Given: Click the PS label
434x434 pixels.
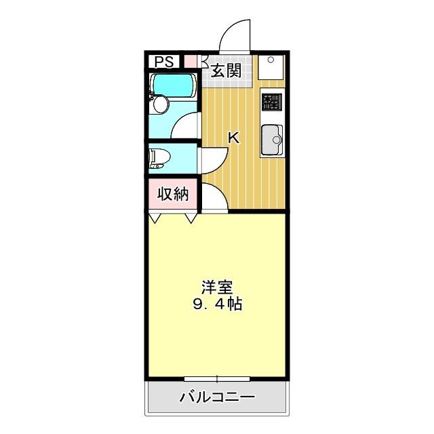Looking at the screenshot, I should pos(163,62).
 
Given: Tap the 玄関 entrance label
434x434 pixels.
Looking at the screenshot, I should pos(225,71).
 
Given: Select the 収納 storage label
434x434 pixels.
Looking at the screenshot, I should pos(173,194).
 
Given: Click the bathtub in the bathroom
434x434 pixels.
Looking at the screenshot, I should pos(174,85).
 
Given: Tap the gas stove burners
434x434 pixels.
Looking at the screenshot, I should pos(273,102).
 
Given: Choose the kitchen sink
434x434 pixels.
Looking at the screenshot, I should pos(272,139).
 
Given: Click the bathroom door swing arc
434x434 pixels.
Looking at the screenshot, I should pos(185,126).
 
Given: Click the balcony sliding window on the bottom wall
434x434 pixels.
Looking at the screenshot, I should pos(217,378).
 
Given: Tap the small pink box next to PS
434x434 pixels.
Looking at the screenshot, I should pos(191,61).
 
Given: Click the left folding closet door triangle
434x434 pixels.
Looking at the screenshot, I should pos(156,218).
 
